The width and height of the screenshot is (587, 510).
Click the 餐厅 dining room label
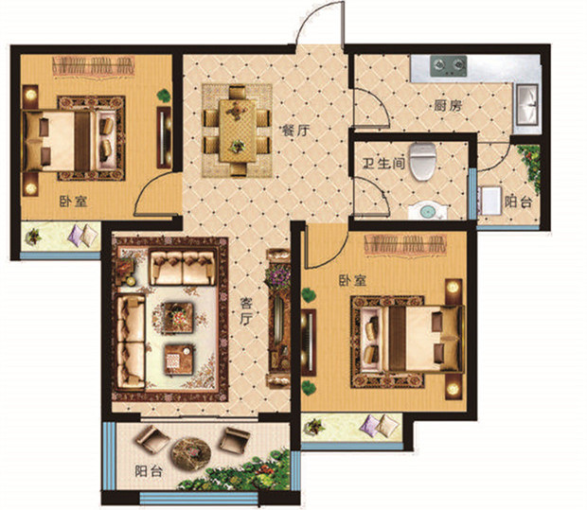tap(296, 131)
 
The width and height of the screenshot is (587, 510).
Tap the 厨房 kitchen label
tap(448, 106)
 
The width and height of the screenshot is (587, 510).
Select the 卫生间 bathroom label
tap(384, 163)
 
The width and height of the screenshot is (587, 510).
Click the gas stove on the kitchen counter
tap(449, 66)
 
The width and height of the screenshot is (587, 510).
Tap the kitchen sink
tap(528, 105)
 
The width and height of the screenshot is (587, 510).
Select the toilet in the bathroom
tap(423, 161)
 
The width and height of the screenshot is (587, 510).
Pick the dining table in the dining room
tap(238, 131)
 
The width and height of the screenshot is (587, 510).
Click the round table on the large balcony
tap(191, 453)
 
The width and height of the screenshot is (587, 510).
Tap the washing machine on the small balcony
tap(489, 201)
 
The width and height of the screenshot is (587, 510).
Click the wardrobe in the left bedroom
tap(94, 67)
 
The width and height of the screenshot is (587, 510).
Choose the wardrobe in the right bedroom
tap(406, 244)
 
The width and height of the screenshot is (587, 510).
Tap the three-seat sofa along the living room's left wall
tap(131, 342)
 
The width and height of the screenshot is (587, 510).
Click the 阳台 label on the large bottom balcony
tap(149, 471)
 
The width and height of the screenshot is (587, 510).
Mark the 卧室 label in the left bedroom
tap(74, 202)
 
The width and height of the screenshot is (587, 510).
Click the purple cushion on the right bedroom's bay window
tap(370, 426)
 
